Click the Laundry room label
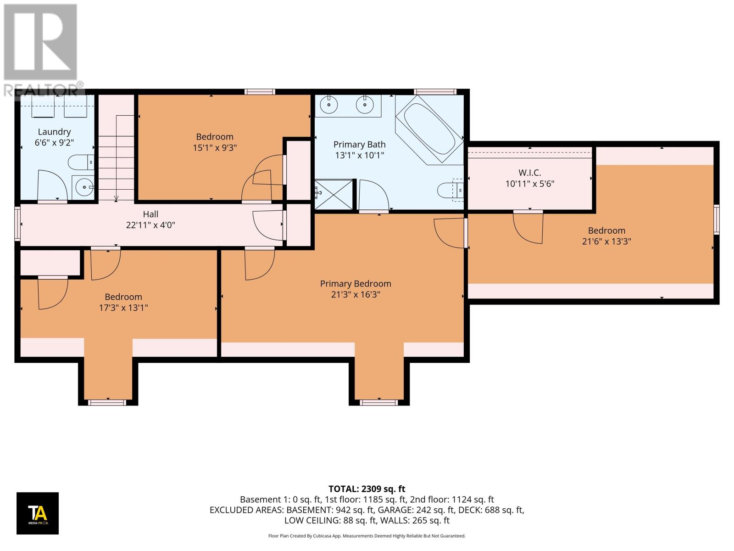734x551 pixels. (54, 132)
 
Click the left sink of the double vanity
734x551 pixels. (329, 105)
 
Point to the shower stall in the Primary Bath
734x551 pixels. (334, 194)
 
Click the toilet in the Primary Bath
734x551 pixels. (450, 189)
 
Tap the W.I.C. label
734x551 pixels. (529, 173)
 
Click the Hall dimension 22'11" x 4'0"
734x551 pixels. (150, 225)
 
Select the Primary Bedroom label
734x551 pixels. (356, 284)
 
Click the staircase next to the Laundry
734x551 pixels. (116, 156)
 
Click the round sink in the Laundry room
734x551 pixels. (83, 187)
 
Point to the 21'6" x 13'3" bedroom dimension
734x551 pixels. (606, 242)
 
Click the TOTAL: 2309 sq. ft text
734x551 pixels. (367, 489)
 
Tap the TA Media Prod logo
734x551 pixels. (38, 513)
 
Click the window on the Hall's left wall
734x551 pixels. (17, 224)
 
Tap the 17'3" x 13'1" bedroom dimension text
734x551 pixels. (123, 308)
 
